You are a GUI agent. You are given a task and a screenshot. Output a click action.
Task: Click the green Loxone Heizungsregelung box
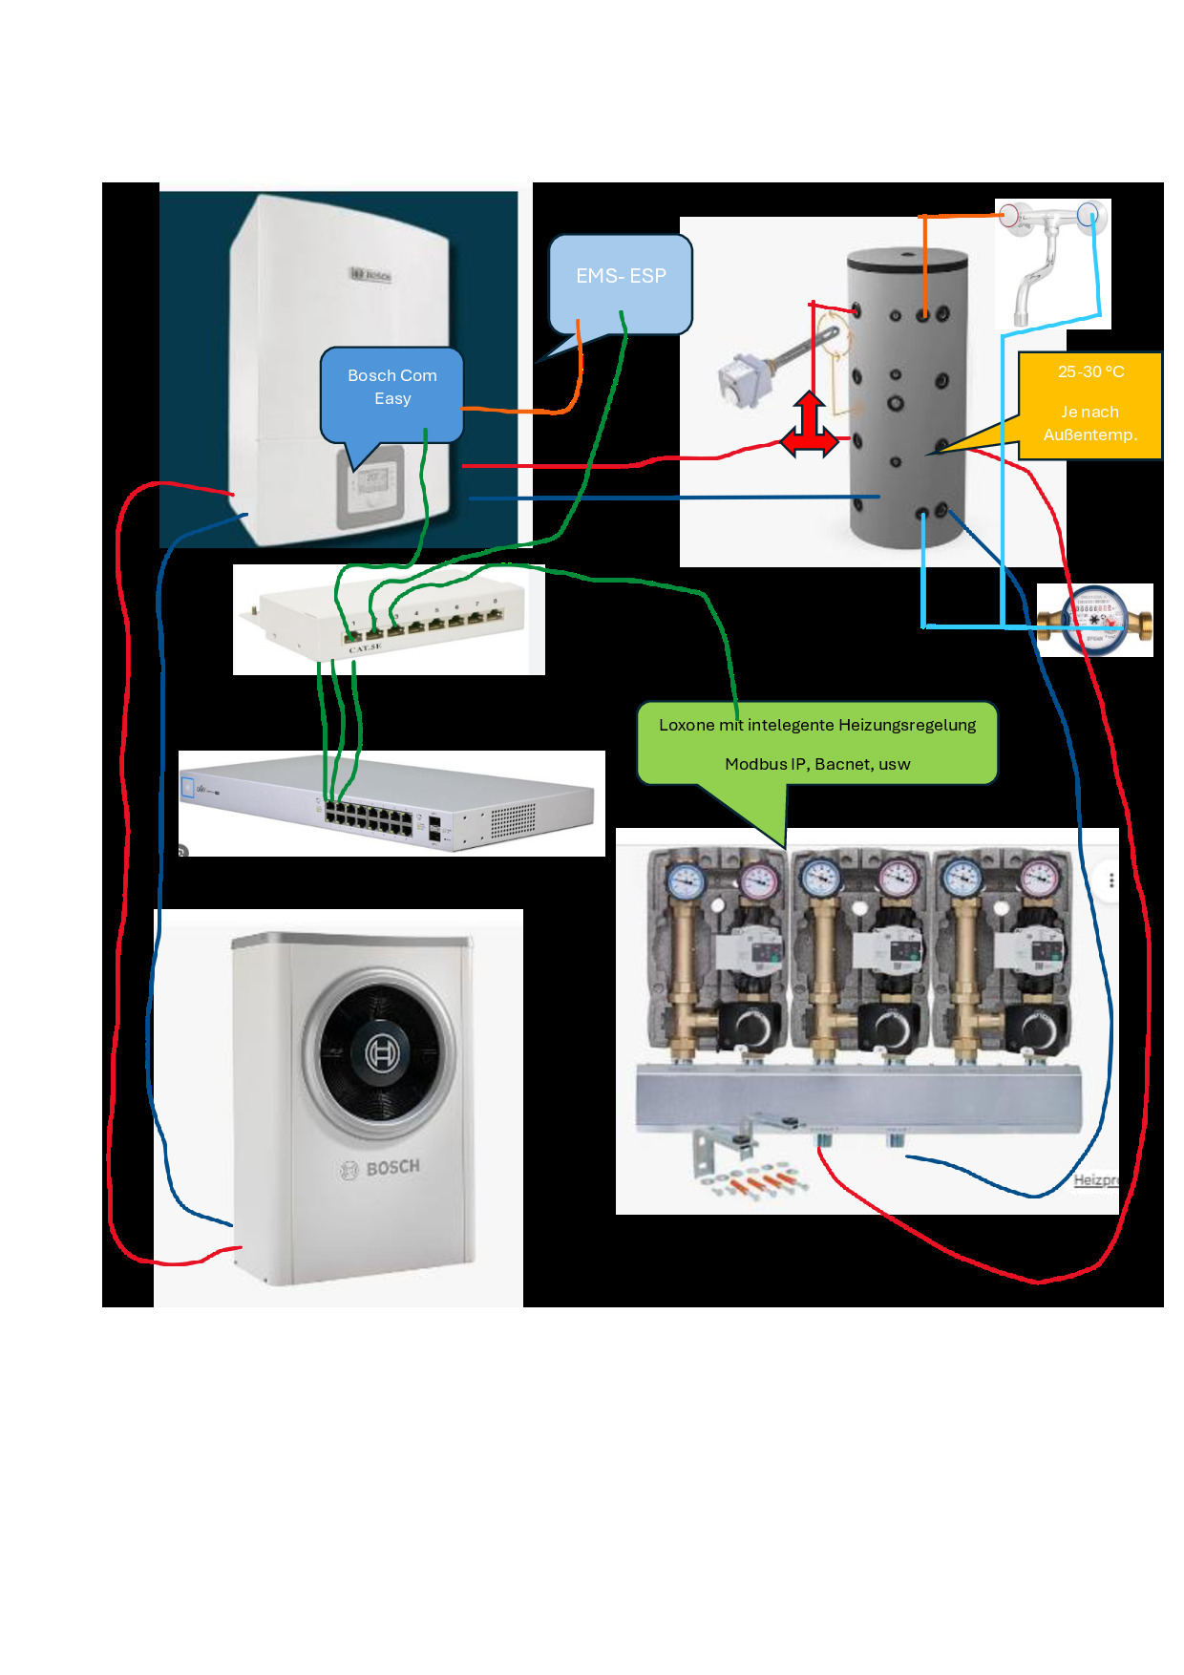(817, 743)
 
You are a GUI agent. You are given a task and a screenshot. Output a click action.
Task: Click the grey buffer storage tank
(907, 401)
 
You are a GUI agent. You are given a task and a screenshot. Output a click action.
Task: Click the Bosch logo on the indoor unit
(370, 275)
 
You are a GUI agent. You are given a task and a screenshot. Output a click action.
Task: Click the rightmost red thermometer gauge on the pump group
(1040, 877)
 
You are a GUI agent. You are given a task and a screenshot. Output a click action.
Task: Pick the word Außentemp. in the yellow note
(1089, 435)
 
